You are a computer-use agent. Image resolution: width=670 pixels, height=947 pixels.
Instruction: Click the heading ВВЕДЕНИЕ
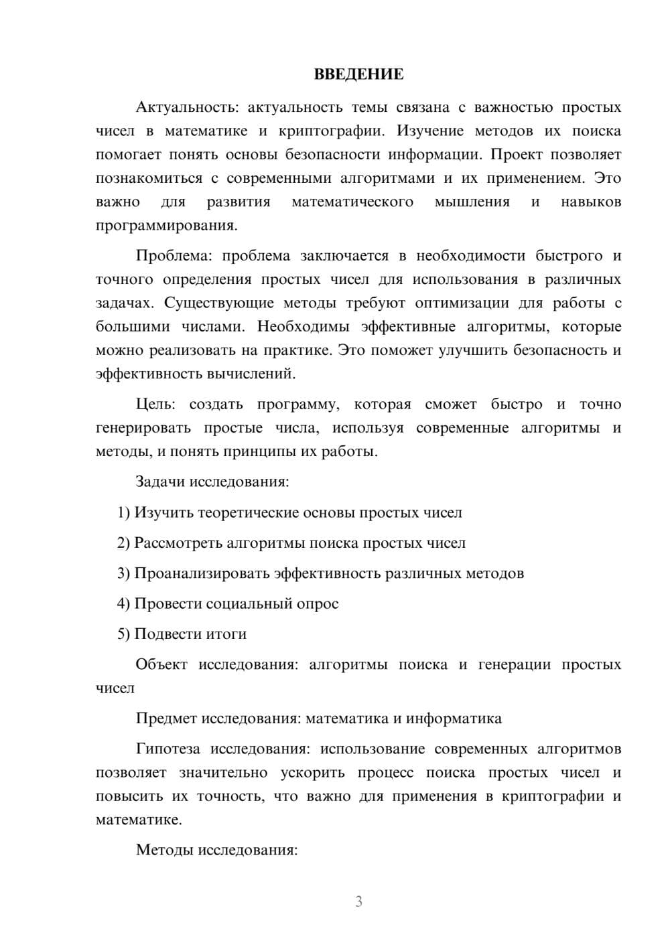coord(358,74)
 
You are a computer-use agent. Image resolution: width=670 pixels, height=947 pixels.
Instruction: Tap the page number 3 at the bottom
coord(358,901)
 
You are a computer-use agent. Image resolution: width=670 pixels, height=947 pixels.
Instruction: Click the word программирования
coord(165,226)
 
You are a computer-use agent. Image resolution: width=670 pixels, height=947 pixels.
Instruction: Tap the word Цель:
coord(155,405)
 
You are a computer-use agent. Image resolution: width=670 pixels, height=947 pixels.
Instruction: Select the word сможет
coord(451,405)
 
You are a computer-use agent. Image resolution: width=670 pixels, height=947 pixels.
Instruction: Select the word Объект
coord(161,665)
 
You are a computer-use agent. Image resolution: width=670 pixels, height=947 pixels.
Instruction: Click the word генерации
coord(513,665)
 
